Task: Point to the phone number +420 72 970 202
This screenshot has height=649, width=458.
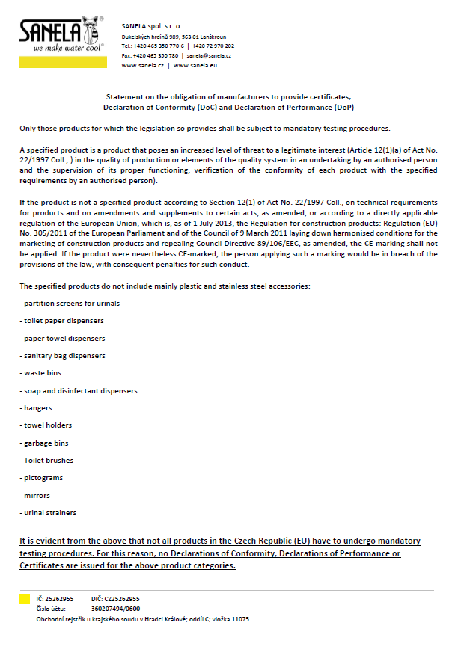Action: click(213, 46)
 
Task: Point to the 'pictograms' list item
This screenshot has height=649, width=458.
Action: click(43, 477)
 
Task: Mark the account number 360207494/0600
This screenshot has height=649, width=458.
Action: click(119, 609)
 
